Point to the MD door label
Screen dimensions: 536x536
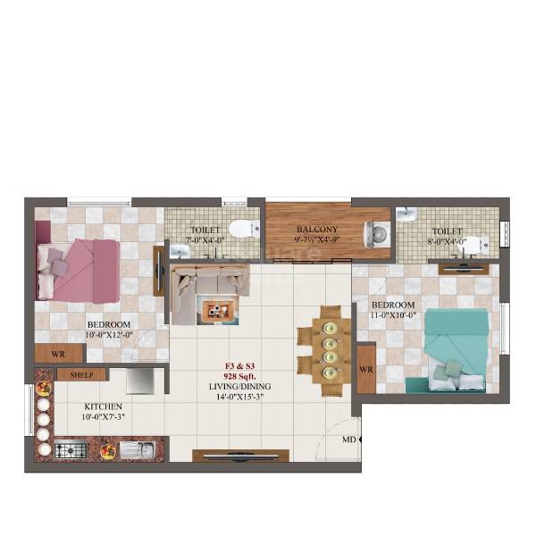point(348,440)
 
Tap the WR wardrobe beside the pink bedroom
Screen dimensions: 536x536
point(58,355)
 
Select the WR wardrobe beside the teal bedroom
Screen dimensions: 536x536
point(365,370)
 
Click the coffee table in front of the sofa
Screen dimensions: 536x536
point(217,309)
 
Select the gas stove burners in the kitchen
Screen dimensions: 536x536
point(71,449)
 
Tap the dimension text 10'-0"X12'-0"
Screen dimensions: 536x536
point(109,335)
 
